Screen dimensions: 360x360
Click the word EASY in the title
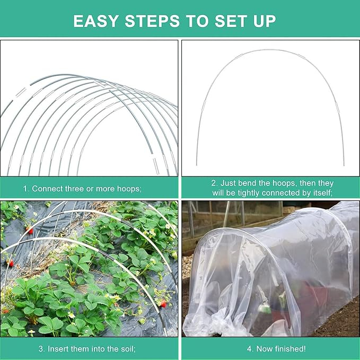(96, 21)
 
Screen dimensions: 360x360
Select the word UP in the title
(264, 21)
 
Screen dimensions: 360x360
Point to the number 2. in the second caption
(215, 183)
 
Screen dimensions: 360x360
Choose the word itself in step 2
(323, 193)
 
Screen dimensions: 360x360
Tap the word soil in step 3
(127, 349)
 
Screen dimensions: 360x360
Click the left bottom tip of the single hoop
(197, 165)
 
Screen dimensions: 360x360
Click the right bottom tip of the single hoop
(344, 165)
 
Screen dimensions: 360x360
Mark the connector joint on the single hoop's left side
(204, 105)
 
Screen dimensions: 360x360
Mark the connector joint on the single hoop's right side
(337, 108)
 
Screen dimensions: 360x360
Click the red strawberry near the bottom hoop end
(163, 303)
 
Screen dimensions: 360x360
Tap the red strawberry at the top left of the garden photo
(30, 230)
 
